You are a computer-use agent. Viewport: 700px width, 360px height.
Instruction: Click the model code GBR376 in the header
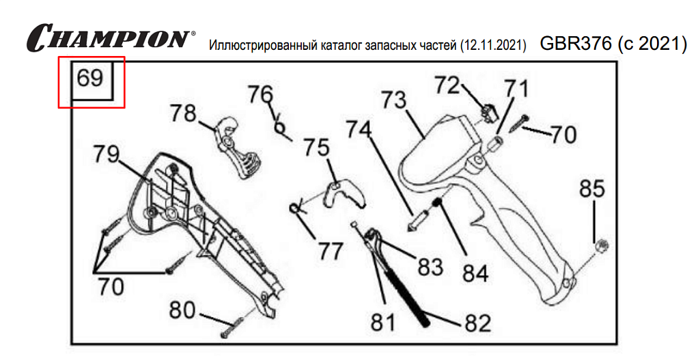(x=576, y=44)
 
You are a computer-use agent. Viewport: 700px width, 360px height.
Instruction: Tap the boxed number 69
(x=90, y=79)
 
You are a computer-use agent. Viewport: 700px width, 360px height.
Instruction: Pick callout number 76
(x=260, y=94)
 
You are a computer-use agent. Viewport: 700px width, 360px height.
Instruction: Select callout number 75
(x=316, y=148)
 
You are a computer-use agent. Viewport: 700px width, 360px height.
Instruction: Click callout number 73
(x=393, y=101)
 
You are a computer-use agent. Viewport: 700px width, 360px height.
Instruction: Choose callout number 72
(x=449, y=85)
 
